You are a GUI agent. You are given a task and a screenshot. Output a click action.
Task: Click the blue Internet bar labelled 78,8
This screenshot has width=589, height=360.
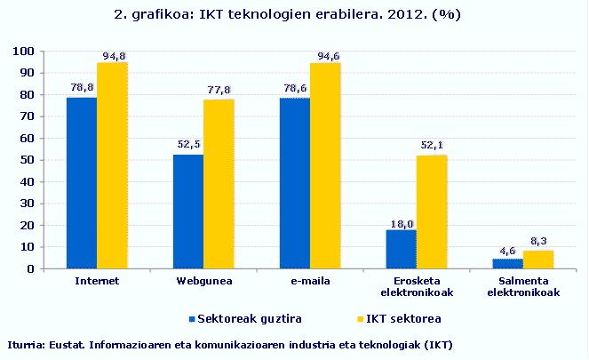click(82, 182)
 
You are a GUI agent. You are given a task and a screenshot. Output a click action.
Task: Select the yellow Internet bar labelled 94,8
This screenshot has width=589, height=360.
click(112, 165)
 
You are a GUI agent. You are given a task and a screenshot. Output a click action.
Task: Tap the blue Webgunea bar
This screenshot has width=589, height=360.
click(188, 212)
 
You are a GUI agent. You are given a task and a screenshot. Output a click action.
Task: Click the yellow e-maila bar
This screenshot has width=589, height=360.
click(325, 165)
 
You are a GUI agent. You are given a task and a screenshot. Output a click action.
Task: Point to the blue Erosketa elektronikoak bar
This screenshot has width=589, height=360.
click(402, 249)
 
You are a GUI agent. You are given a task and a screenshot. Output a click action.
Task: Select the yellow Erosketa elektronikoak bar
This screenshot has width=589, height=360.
click(432, 212)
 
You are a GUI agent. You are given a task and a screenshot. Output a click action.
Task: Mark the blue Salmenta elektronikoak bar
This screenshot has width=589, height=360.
click(508, 263)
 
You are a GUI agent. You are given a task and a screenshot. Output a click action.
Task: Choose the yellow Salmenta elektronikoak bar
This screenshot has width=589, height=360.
click(538, 260)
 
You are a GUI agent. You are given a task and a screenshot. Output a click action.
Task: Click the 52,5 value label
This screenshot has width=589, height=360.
click(188, 145)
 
